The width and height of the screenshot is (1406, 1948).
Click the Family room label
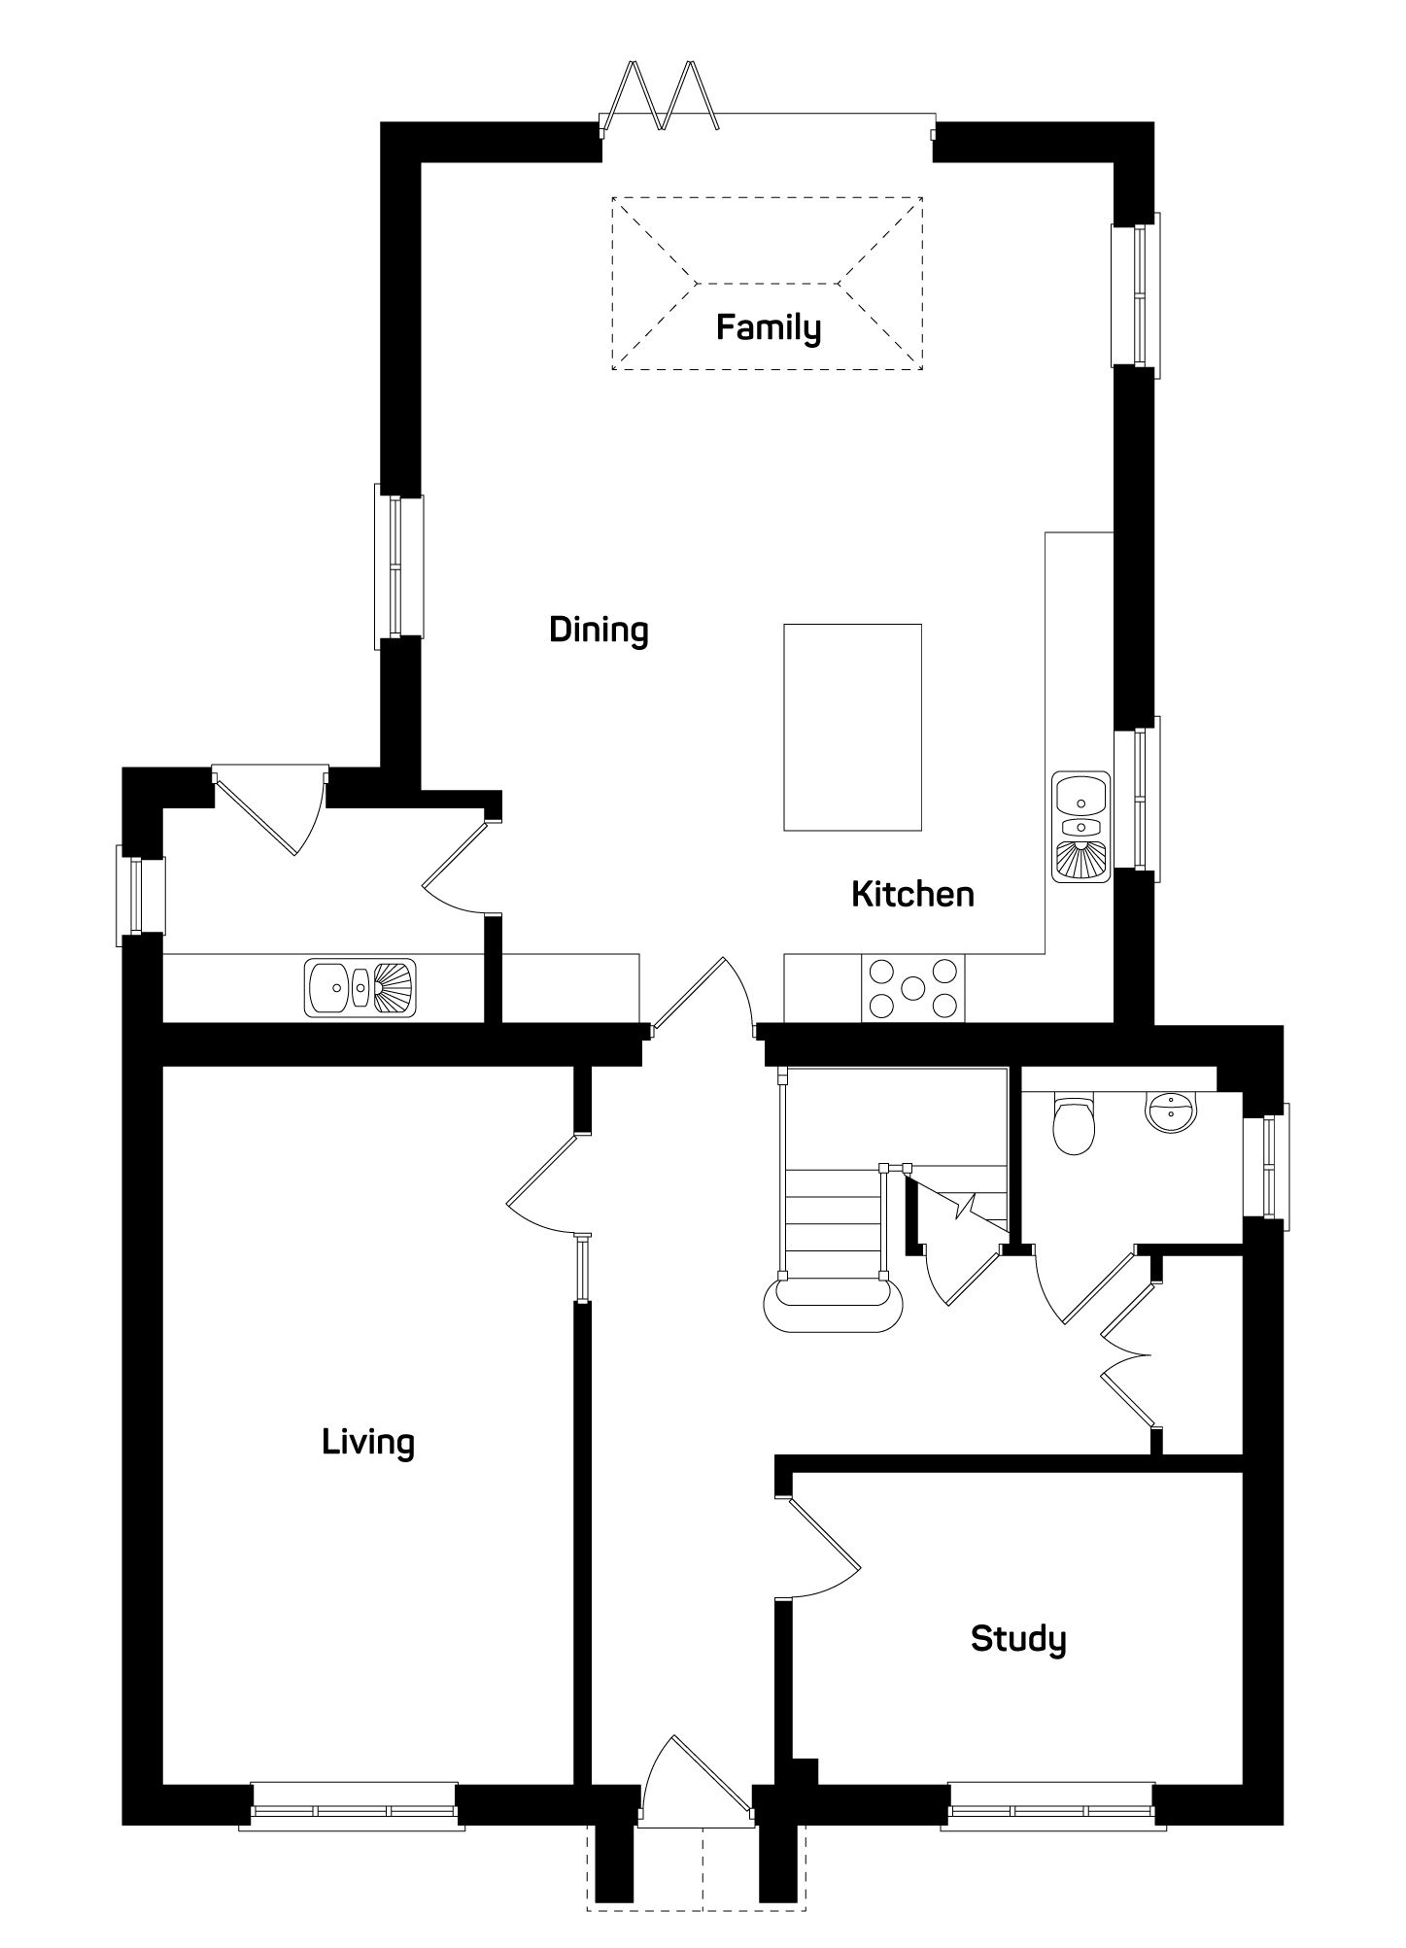pyautogui.click(x=768, y=328)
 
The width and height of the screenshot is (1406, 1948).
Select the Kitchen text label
pyautogui.click(x=912, y=894)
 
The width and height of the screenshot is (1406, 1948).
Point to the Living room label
pyautogui.click(x=368, y=1442)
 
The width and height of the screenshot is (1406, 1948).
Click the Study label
pyautogui.click(x=1018, y=1639)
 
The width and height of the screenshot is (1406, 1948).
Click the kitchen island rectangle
pyautogui.click(x=852, y=727)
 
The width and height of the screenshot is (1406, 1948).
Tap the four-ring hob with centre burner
pyautogui.click(x=913, y=988)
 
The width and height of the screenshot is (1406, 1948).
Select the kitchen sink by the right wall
pyautogui.click(x=1080, y=827)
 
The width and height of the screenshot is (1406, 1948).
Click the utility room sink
pyautogui.click(x=360, y=988)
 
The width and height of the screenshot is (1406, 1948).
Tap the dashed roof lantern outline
pyautogui.click(x=768, y=284)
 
